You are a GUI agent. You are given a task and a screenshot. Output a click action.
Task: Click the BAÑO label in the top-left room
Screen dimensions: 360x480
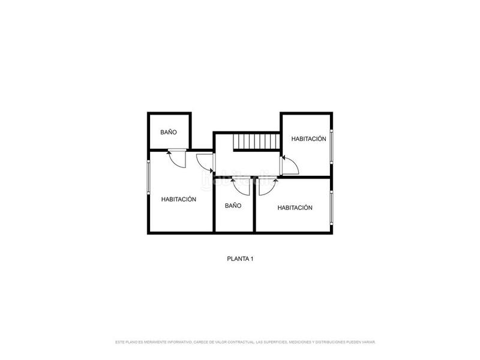[169, 132]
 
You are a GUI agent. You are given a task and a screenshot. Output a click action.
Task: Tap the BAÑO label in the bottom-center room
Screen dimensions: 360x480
[233, 205]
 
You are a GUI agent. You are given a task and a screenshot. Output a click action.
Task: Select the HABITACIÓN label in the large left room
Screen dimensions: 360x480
[179, 199]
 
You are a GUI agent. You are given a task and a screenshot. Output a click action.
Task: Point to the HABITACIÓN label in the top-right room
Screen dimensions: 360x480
[309, 139]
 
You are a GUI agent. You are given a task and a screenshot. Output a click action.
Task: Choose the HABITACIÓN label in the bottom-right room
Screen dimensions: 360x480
[295, 208]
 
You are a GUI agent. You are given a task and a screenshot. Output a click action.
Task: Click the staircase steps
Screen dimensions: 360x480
[257, 142]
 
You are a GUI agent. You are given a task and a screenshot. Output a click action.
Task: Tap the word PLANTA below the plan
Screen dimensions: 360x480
[238, 259]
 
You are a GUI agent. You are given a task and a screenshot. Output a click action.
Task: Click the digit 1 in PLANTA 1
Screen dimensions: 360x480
[253, 259]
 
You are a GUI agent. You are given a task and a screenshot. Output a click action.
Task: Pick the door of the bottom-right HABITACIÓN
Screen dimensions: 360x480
[267, 187]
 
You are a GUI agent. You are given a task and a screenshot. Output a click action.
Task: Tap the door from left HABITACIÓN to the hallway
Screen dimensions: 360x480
[205, 163]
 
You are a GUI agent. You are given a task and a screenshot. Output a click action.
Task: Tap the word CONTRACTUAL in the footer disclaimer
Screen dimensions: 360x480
[237, 342]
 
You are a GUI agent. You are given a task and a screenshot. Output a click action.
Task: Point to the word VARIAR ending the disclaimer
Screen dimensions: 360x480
[367, 342]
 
